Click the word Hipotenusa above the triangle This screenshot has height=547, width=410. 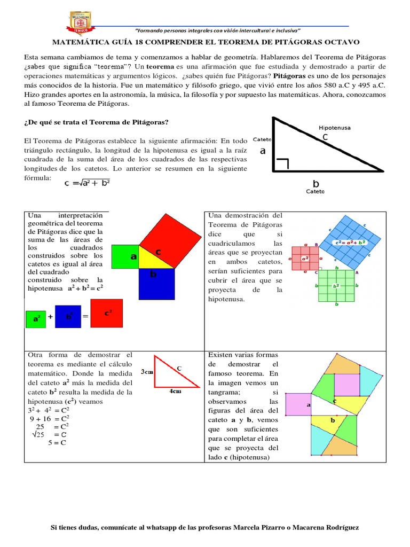(334, 128)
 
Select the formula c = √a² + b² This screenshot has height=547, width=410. (86, 183)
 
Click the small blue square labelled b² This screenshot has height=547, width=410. (69, 316)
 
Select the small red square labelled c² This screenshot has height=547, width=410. (107, 314)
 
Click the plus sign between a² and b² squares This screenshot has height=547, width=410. (51, 317)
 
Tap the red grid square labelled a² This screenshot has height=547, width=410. (305, 259)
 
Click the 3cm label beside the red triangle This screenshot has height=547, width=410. (147, 372)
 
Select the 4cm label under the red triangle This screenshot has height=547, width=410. (175, 391)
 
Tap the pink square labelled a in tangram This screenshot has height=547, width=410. (298, 404)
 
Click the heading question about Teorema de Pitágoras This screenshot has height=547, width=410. (96, 122)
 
